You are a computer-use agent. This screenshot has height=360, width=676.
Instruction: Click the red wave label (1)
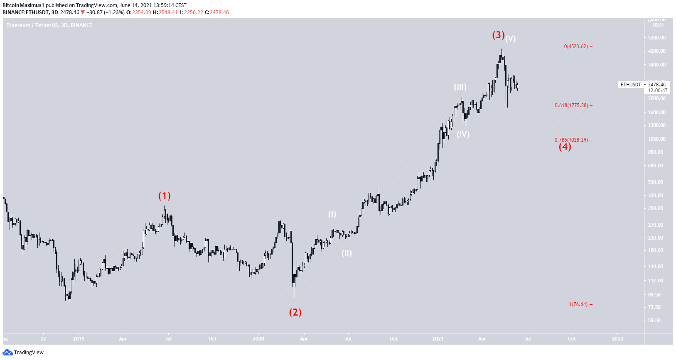[164, 196]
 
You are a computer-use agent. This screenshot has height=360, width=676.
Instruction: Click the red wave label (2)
[295, 312]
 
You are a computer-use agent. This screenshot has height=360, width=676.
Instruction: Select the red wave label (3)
[498, 35]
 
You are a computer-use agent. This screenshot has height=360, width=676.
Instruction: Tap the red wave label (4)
[565, 147]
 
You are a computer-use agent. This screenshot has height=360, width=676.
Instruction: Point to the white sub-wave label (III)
[460, 87]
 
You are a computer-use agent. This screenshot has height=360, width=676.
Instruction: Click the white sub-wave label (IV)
[463, 134]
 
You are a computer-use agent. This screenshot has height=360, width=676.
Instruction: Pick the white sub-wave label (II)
[347, 253]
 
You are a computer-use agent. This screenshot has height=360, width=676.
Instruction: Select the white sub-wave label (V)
[510, 39]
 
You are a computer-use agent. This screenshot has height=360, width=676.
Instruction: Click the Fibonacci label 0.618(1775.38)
[571, 105]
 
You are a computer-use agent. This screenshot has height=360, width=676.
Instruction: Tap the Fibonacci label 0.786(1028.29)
[571, 140]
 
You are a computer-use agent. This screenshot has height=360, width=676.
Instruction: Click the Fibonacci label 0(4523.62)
[576, 47]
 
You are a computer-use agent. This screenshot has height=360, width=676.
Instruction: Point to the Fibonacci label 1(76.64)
[578, 304]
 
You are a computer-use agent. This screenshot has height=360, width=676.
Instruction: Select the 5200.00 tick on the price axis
[657, 37]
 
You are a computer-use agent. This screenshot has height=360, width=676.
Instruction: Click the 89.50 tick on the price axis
[654, 294]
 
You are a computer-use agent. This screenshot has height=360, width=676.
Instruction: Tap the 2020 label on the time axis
[258, 338]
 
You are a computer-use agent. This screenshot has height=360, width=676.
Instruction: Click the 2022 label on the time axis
[617, 338]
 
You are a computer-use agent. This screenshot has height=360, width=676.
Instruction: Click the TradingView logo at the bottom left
[23, 352]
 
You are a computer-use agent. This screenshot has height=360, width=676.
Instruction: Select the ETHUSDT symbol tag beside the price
[630, 84]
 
